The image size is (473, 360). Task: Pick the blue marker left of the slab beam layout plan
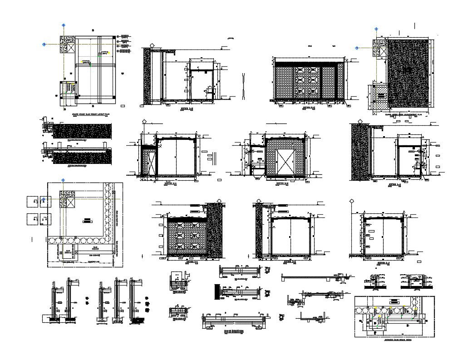tap(44, 44)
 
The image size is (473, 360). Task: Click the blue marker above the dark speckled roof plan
tap(376, 28)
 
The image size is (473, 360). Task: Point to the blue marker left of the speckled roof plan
tap(357, 47)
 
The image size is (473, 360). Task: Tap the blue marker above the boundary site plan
tap(64, 181)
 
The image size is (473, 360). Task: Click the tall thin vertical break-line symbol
tap(244, 86)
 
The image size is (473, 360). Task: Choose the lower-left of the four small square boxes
tap(32, 219)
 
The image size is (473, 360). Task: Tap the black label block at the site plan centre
tap(86, 220)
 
